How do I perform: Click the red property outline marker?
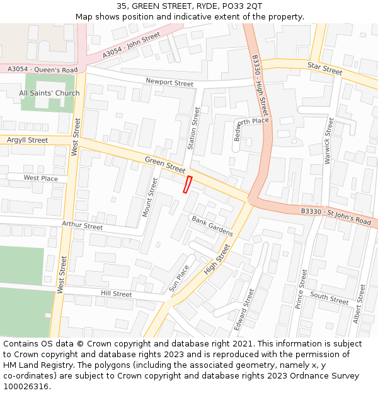187,184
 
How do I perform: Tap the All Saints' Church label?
49,93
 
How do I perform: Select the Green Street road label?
165,165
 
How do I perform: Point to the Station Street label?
194,128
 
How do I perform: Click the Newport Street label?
169,82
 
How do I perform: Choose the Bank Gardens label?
212,226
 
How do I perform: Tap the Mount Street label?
151,197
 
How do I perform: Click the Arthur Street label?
82,225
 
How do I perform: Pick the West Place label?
41,178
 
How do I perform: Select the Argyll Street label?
27,140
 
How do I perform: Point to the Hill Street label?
117,294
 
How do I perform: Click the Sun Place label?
178,277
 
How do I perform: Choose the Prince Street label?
301,288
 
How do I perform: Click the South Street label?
329,298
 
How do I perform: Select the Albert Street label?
359,304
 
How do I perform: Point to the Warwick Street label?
328,141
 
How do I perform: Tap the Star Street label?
324,69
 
